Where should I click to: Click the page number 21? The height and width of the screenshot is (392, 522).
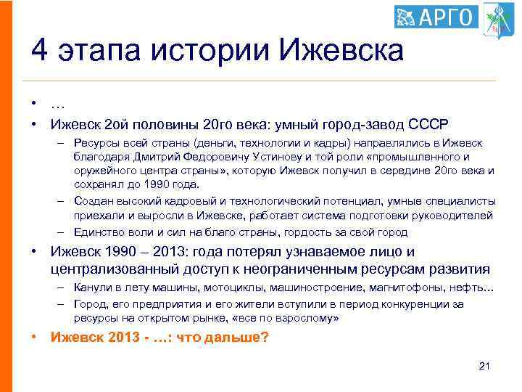[x=485, y=365]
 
